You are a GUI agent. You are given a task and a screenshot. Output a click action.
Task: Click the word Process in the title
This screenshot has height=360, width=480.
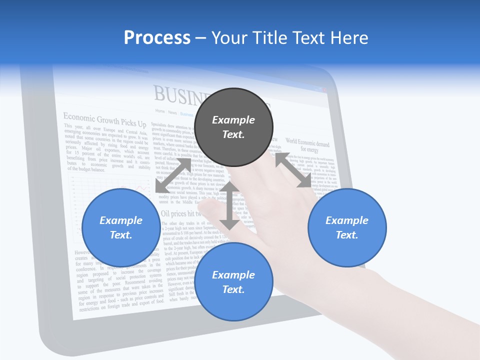[x=157, y=38]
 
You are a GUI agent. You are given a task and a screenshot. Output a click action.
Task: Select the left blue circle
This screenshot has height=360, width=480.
[x=120, y=227]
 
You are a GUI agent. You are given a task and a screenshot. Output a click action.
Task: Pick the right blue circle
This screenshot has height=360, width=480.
[x=347, y=227]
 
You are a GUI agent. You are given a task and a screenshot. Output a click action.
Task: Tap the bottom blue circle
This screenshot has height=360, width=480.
[x=233, y=282]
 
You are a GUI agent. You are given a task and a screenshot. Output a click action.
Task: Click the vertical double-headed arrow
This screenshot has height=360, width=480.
[x=229, y=205]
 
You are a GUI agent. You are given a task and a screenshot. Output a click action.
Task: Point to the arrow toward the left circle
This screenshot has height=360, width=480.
[x=173, y=175]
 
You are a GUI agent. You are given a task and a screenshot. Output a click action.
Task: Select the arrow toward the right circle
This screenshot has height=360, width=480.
[x=293, y=170]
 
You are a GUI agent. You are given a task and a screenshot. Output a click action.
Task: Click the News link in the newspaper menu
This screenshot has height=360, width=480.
[x=172, y=112]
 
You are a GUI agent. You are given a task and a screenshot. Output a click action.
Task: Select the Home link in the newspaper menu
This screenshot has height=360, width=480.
[x=160, y=111]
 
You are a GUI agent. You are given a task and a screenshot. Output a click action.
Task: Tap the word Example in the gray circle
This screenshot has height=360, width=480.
[x=233, y=120]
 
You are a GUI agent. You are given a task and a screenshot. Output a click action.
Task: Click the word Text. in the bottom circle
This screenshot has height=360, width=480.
[x=233, y=289]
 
